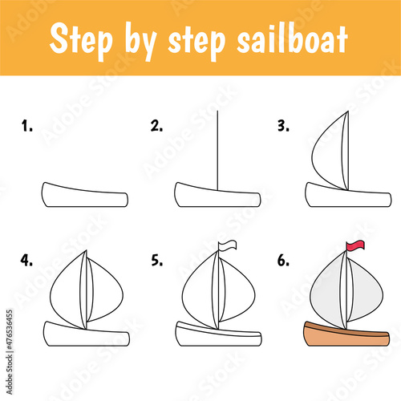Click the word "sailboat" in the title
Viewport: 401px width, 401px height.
click(x=292, y=40)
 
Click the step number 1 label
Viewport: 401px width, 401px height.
click(x=27, y=126)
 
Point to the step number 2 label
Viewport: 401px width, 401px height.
click(x=156, y=126)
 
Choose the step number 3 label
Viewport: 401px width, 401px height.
click(x=283, y=126)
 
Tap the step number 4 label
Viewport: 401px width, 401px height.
click(x=26, y=260)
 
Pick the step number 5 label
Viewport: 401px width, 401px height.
click(x=156, y=260)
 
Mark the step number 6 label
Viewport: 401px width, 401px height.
click(x=283, y=260)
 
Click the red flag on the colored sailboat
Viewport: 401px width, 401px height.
click(x=355, y=245)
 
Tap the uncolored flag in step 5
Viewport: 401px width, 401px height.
click(x=227, y=245)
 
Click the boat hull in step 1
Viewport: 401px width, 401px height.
click(x=84, y=195)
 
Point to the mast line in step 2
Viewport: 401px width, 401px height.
click(x=217, y=151)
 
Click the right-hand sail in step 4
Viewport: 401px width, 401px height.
click(x=107, y=291)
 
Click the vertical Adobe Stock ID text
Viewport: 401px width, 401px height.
click(x=10, y=352)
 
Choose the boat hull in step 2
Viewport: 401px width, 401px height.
click(x=217, y=195)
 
